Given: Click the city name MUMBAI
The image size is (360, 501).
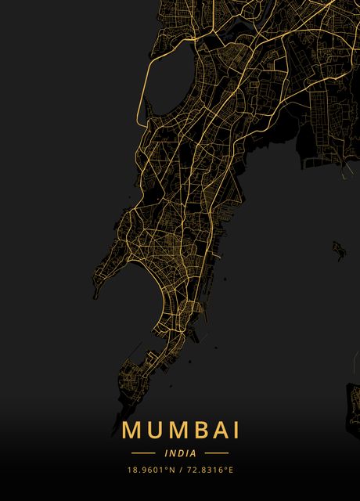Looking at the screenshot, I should coord(180,431).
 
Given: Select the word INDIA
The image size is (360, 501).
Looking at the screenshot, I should coord(180,453).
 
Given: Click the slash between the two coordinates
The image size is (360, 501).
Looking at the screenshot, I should coord(181,470).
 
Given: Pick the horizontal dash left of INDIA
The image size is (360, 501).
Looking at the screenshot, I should coord(143,453).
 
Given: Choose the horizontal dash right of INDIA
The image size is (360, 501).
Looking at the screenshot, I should coord(216,453).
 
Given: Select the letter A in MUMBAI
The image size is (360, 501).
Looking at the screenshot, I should coord(214,431).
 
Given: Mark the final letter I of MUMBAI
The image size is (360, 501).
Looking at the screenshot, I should coord(234,431).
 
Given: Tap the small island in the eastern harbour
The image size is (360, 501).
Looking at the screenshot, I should coord(338,248).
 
